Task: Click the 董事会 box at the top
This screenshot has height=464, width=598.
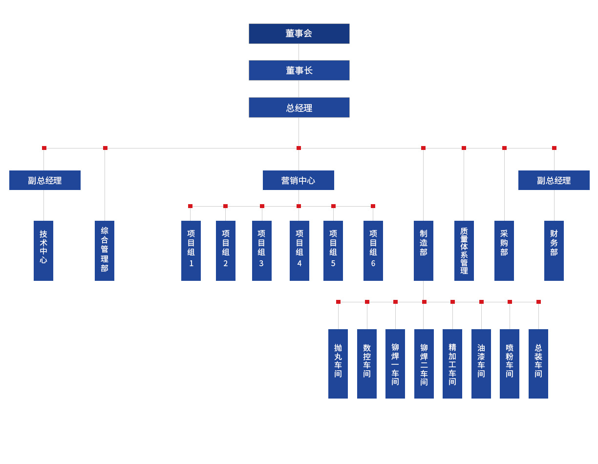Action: pyautogui.click(x=299, y=34)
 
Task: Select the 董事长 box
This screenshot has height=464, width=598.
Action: pyautogui.click(x=299, y=70)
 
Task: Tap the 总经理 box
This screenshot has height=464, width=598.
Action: pyautogui.click(x=299, y=107)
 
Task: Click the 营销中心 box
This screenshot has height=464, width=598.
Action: pyautogui.click(x=299, y=180)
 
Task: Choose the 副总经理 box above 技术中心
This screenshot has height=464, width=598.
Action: pyautogui.click(x=45, y=180)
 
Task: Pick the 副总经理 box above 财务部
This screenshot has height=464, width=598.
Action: pyautogui.click(x=554, y=180)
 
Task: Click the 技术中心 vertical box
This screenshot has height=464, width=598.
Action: pyautogui.click(x=43, y=251)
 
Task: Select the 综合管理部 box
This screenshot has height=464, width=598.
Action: pyautogui.click(x=105, y=251)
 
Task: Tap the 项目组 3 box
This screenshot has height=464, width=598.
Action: pyautogui.click(x=262, y=251)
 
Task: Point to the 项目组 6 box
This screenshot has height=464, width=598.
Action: pyautogui.click(x=373, y=251)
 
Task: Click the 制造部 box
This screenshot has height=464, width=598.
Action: pyautogui.click(x=424, y=251)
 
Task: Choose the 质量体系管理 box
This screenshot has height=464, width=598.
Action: pyautogui.click(x=464, y=251)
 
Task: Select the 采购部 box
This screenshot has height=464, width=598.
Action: pyautogui.click(x=504, y=251)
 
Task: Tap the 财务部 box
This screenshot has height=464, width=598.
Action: pyautogui.click(x=554, y=251)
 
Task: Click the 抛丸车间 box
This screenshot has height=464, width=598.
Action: pyautogui.click(x=338, y=364)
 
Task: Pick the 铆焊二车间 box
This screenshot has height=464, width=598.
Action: pyautogui.click(x=424, y=364)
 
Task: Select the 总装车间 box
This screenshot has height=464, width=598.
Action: pyautogui.click(x=538, y=364)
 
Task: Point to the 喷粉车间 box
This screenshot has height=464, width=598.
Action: pyautogui.click(x=510, y=364)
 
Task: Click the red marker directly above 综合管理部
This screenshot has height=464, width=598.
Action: pyautogui.click(x=105, y=148)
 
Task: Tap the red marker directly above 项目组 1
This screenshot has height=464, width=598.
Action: pyautogui.click(x=190, y=206)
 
